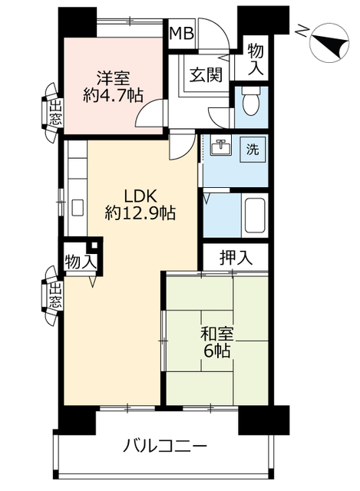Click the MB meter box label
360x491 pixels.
[x=181, y=33]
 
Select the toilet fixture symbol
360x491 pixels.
[x=251, y=101]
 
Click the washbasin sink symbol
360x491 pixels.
[x=221, y=145]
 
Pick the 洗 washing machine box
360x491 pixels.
[x=253, y=150]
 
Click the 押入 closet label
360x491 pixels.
[x=236, y=258]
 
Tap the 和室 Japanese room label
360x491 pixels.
[x=217, y=334]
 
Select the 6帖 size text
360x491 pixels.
[x=217, y=351]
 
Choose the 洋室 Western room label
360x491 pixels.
[x=113, y=78]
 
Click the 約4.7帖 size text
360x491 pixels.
[x=113, y=95]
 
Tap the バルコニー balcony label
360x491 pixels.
[x=165, y=446]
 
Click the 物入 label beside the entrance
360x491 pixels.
[x=256, y=60]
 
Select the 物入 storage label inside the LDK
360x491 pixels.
[x=81, y=262]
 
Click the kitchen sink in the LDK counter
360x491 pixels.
[x=78, y=207]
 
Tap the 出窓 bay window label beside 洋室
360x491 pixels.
[x=56, y=113]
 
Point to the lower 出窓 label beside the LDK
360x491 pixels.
[x=56, y=295]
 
